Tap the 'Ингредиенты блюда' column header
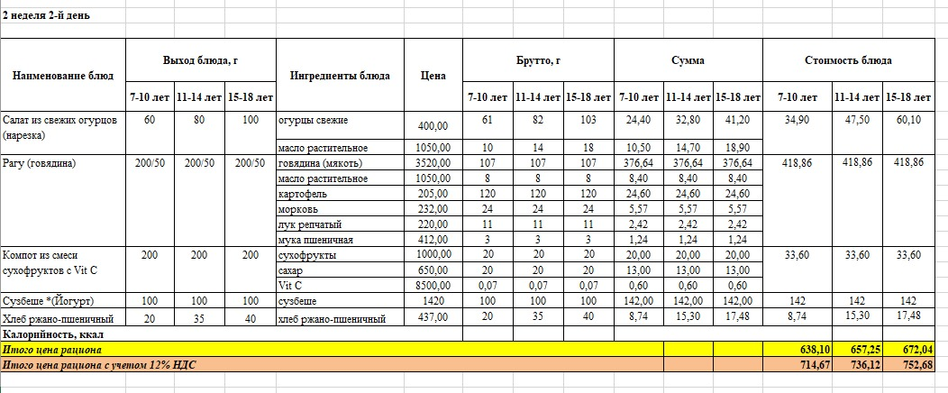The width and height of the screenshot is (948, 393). point(340,76)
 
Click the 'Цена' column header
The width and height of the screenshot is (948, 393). point(433,76)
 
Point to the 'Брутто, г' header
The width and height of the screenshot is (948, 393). point(538,60)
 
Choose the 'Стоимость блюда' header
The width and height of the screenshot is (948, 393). point(848,60)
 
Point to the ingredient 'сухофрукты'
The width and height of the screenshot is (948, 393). point(304,255)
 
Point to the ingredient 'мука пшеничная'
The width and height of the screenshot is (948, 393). point(310,240)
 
